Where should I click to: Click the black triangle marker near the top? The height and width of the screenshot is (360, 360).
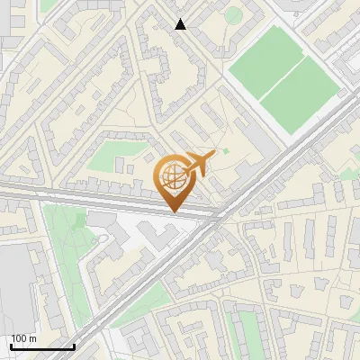click(181, 24)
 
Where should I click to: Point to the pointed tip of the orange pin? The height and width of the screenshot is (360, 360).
click(173, 211)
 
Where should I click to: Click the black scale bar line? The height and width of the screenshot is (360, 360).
click(42, 346)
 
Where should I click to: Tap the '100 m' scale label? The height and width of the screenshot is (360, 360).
click(23, 338)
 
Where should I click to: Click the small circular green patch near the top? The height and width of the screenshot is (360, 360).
click(233, 14)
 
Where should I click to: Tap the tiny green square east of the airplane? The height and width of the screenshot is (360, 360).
click(225, 150)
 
